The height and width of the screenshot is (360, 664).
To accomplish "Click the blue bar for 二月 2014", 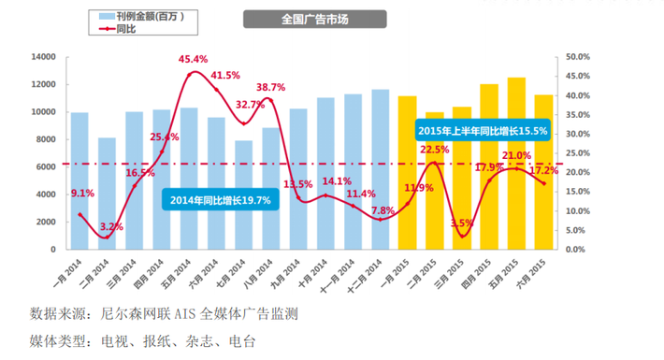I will click(x=108, y=194).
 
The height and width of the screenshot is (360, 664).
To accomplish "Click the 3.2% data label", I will click(x=111, y=226).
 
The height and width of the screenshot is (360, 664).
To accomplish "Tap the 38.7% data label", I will click(x=271, y=86).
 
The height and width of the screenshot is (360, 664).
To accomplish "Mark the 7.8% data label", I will click(x=383, y=210).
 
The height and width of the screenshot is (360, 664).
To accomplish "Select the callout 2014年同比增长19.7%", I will click(x=222, y=199).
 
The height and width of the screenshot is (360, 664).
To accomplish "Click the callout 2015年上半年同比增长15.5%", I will click(x=483, y=131).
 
